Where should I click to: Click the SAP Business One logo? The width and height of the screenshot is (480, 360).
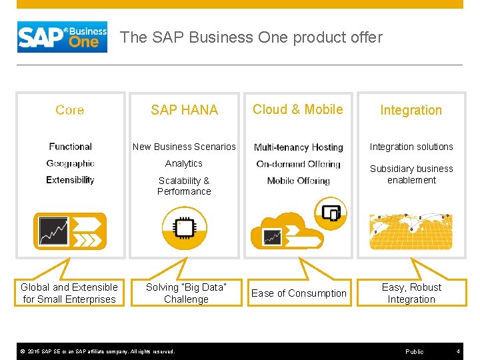coord(62,37)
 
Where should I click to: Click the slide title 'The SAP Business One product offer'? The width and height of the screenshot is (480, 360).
coord(251,37)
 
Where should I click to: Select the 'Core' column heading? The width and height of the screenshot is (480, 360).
coord(70,110)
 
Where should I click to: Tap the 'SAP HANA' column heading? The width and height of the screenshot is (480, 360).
coord(184,110)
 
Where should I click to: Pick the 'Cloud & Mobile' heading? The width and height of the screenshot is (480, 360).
coord(297,109)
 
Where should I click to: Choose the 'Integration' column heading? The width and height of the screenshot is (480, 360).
coord(411,110)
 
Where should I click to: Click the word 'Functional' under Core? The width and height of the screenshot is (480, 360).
coord(70,147)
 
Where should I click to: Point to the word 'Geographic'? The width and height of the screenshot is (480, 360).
coord(70,163)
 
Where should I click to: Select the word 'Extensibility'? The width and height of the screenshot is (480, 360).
coord(70,180)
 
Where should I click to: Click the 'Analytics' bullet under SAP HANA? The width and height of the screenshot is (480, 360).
coord(184,163)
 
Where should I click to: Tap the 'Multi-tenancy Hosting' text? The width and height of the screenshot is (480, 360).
coord(298,147)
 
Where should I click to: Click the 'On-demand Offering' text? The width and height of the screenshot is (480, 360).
coord(298,164)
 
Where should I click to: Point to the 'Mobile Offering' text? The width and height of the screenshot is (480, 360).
coord(298,181)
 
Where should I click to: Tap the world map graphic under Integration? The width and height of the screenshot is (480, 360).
coord(411,231)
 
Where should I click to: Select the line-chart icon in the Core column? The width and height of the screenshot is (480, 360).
coord(54,231)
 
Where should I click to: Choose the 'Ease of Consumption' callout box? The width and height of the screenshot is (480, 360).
coord(299,293)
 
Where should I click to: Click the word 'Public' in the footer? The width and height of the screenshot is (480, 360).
coord(414,351)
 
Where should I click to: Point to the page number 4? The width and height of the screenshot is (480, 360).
coord(458,351)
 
